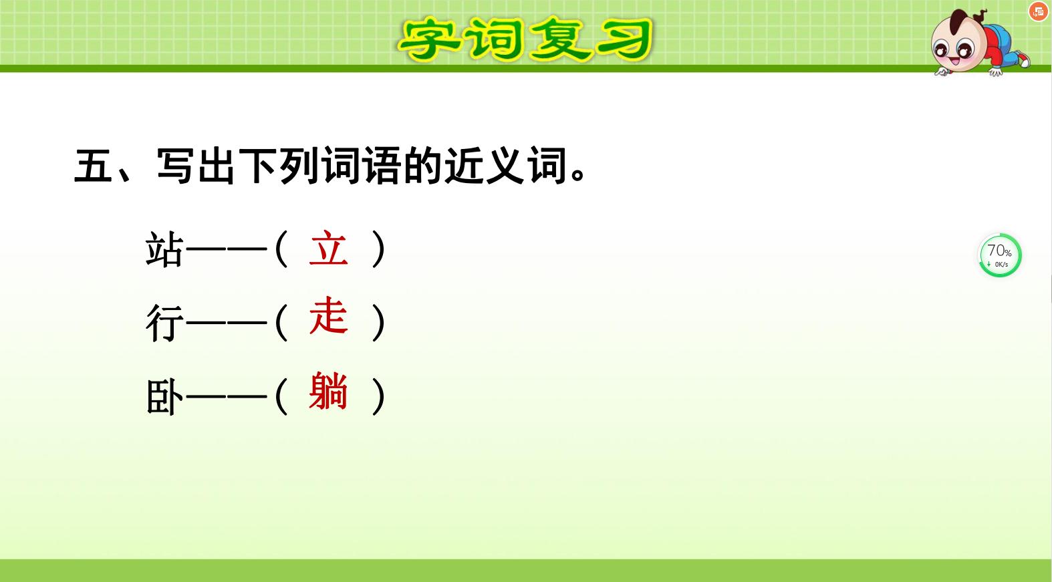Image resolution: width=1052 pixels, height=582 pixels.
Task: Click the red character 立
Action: (x=328, y=249)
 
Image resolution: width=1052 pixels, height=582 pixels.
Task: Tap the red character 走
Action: (x=328, y=317)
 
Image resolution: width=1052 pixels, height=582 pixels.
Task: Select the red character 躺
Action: (x=328, y=391)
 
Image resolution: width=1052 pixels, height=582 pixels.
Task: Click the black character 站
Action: (x=164, y=250)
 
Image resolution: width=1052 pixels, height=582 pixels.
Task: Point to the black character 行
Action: (x=164, y=323)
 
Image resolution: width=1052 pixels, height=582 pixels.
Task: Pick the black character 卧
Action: (x=164, y=396)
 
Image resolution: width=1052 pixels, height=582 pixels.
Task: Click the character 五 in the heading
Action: (x=94, y=166)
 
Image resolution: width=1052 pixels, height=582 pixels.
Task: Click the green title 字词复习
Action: (x=525, y=39)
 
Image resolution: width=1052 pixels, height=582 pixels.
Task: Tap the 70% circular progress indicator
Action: (x=1000, y=255)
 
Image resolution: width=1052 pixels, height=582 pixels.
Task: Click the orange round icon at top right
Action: (x=1038, y=11)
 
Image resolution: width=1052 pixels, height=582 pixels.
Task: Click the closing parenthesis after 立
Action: (x=379, y=249)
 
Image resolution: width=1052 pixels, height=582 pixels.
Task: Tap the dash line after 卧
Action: (x=227, y=396)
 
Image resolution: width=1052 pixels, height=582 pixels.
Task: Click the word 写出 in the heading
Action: (x=196, y=166)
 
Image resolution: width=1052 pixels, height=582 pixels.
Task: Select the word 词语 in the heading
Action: (x=361, y=166)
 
